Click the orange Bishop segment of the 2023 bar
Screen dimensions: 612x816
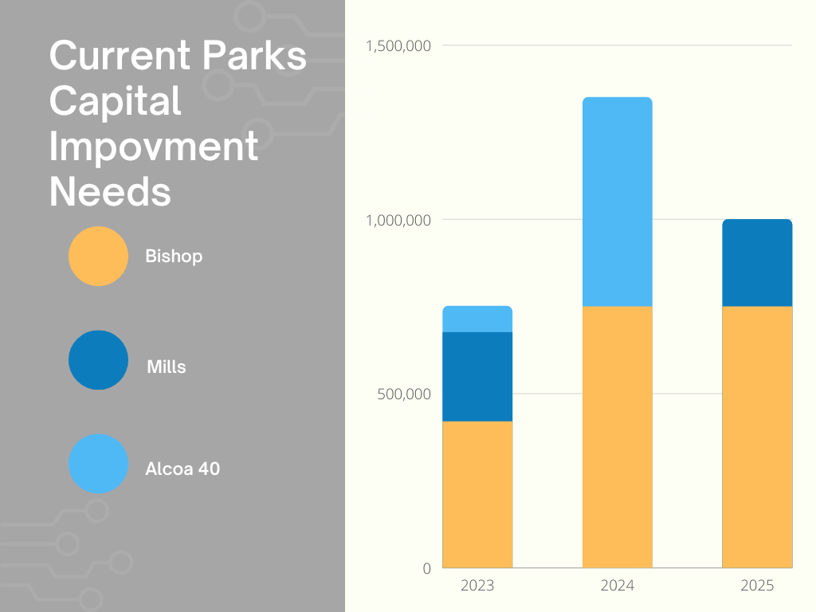477,494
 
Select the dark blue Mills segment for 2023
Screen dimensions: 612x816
477,376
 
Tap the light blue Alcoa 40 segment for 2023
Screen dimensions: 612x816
477,319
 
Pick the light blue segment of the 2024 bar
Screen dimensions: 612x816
618,202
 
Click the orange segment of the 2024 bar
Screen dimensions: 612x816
618,437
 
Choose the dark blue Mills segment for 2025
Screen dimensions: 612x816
757,263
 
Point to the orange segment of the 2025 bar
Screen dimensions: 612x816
757,437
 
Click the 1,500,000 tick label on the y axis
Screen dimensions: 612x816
398,45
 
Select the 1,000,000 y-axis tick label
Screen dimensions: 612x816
398,220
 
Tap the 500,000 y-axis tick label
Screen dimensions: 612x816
404,394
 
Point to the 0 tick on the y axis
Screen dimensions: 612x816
426,568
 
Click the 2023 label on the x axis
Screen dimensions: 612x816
477,586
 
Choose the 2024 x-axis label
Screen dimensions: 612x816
618,586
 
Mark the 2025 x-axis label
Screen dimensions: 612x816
757,586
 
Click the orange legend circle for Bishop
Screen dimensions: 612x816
98,256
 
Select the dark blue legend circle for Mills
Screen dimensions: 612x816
98,360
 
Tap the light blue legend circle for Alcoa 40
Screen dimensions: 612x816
98,464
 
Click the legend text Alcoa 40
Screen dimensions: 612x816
182,469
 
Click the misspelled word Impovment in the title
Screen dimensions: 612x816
154,148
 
